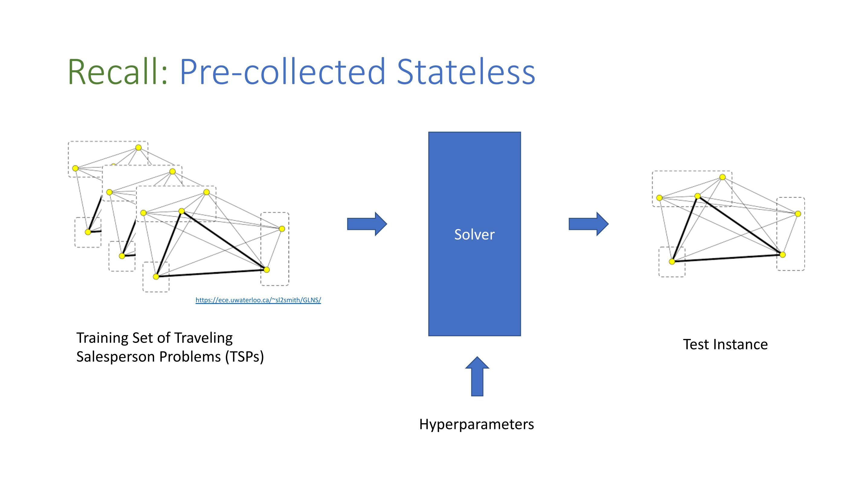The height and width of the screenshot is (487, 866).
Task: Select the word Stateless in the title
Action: coord(466,72)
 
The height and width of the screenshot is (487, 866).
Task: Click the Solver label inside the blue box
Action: coord(474,235)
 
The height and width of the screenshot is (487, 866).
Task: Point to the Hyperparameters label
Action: coord(477,424)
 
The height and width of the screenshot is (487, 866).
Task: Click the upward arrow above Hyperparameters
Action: coord(477,376)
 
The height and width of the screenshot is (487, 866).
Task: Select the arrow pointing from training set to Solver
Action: coord(367,224)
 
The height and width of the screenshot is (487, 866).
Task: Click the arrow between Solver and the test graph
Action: coord(589,224)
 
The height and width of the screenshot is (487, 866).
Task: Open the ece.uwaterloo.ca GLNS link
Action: coord(258,300)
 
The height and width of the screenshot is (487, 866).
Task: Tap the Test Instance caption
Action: coord(725,344)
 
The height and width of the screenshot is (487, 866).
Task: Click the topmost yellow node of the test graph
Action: coord(722,177)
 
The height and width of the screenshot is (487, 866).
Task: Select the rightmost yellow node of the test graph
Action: coord(798,214)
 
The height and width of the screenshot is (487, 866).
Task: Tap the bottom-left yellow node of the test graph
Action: coord(672,262)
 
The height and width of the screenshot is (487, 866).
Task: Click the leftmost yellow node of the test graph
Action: coord(659,198)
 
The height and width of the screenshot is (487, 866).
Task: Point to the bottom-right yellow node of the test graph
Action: coord(783,255)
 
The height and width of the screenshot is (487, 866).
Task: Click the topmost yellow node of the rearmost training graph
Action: coord(138,147)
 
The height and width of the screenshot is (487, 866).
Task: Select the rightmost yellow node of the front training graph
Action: coord(282,229)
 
